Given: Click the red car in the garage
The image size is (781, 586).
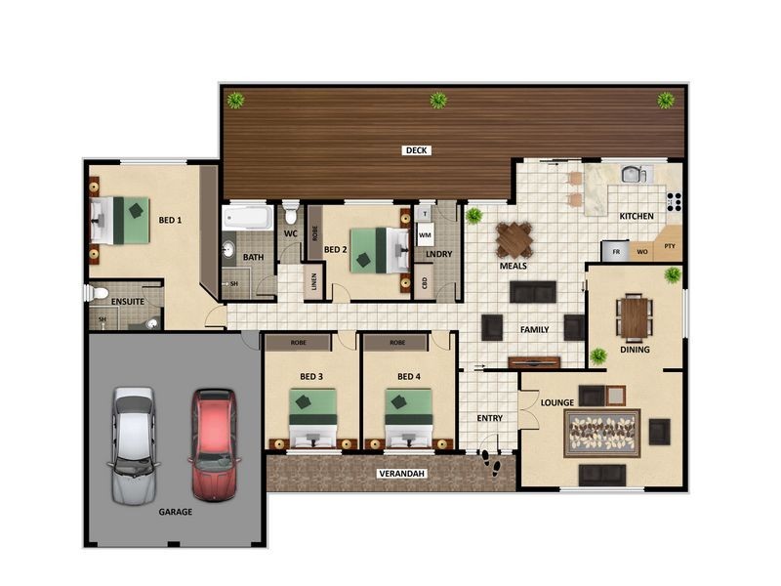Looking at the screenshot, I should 213,442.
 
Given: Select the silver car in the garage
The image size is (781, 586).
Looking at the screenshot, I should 133,442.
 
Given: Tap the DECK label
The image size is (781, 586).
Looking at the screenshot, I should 417,150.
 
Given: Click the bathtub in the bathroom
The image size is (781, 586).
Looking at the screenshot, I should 247,216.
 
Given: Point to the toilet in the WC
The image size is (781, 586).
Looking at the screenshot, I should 290,214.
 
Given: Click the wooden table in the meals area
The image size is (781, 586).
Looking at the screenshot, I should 514,238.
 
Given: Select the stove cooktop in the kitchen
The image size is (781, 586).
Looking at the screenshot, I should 674,201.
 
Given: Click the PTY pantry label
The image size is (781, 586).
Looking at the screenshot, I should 670,246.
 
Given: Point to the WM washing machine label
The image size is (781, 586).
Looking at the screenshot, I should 425,234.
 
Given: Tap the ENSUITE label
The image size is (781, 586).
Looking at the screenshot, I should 128,302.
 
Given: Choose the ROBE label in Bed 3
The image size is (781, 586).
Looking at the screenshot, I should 298,343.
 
